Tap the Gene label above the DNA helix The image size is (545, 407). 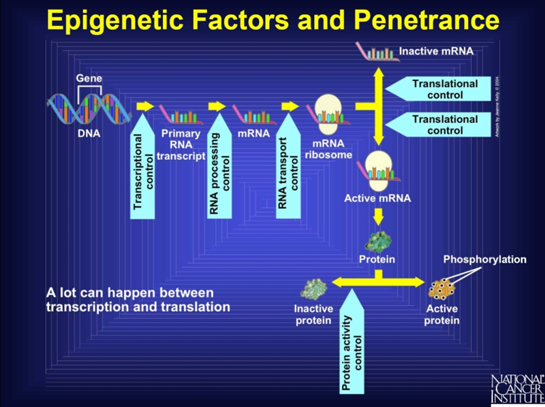click(x=89, y=78)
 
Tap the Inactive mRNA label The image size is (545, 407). click(x=436, y=51)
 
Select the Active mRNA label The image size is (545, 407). click(x=376, y=199)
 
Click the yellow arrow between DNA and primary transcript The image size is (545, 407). click(x=145, y=106)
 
